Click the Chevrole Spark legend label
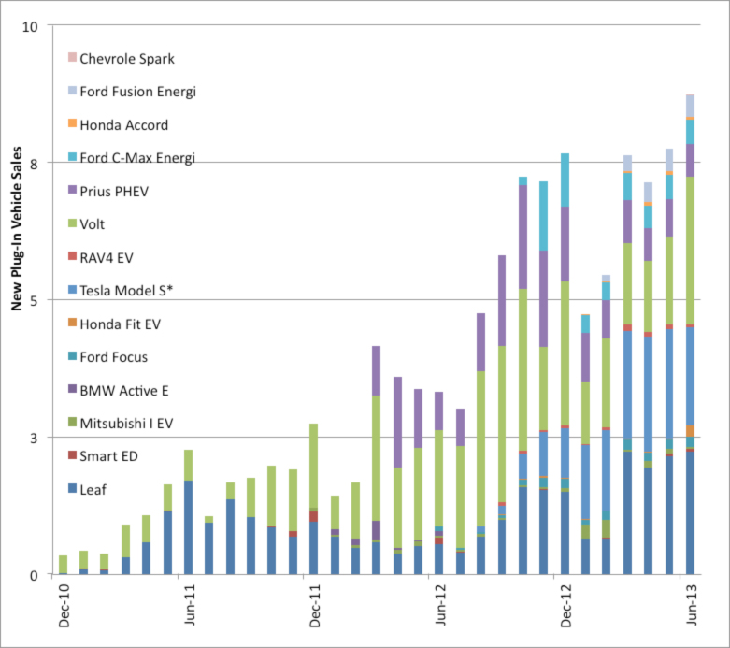click(126, 59)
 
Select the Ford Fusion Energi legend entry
click(137, 92)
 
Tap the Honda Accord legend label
click(123, 124)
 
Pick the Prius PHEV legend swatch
click(71, 191)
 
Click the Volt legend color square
click(71, 224)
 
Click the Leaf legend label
click(93, 489)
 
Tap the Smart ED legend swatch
click(71, 456)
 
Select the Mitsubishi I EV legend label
click(126, 424)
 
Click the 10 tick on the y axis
click(30, 25)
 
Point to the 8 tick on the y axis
click(33, 163)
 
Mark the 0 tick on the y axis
click(33, 574)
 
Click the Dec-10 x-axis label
click(64, 609)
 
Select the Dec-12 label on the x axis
click(565, 609)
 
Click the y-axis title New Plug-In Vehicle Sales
click(16, 299)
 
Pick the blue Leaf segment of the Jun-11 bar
click(188, 527)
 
